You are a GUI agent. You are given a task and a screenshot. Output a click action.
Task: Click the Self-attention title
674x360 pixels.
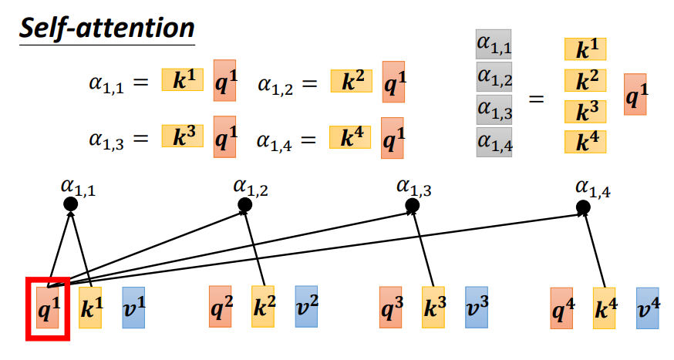106,29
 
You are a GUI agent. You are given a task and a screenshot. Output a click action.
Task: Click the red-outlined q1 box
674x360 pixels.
49,309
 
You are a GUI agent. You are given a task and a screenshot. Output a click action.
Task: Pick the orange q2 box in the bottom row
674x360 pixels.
221,307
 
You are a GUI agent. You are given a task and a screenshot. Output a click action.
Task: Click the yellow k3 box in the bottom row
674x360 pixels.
433,308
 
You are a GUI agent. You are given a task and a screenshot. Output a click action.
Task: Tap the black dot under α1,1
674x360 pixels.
71,204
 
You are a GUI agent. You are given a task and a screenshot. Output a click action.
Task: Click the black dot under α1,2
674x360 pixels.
245,204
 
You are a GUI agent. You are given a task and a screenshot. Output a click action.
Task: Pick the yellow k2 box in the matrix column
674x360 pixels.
584,80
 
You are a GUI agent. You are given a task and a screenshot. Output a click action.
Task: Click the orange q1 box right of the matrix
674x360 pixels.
636,94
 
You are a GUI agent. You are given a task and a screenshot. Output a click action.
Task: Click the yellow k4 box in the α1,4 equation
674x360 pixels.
350,138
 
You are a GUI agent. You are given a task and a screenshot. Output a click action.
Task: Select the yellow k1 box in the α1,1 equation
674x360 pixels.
183,79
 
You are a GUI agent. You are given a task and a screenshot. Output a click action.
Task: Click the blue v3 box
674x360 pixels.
477,308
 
